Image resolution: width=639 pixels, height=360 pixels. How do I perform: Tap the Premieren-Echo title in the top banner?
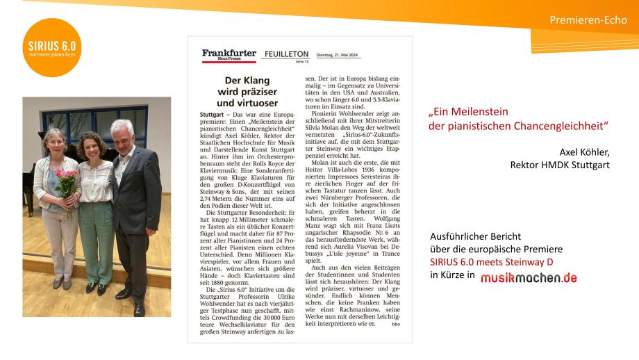tap(588, 19)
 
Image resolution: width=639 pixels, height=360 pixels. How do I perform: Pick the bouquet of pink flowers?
tap(66, 182)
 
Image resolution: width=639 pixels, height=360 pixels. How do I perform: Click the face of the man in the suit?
tap(122, 135)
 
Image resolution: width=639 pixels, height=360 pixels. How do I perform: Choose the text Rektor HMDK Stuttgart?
tap(560, 165)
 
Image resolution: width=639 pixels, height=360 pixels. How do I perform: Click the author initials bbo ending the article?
tap(395, 324)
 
